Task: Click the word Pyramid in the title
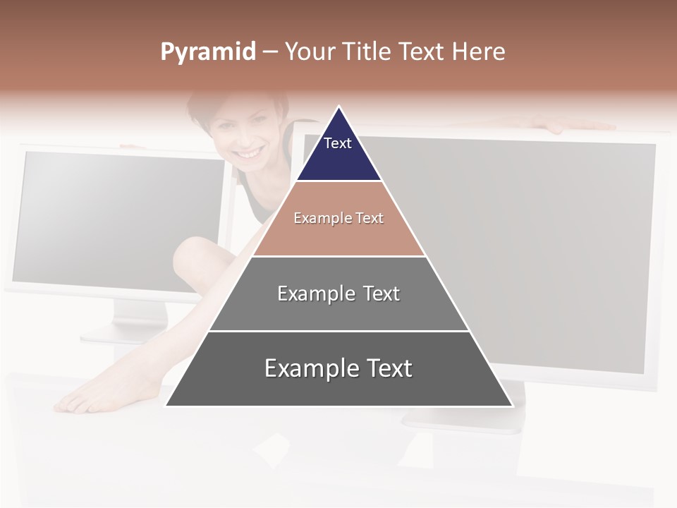tap(207, 52)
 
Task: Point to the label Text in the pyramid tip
tap(338, 143)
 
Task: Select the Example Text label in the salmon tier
tap(338, 218)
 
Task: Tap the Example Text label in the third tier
tap(338, 294)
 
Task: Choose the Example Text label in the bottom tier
tap(338, 368)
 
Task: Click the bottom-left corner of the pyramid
tap(166, 406)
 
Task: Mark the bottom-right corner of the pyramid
tap(512, 406)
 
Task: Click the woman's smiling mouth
tap(248, 152)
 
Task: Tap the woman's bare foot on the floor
tap(92, 398)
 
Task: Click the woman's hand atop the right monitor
tap(564, 124)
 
